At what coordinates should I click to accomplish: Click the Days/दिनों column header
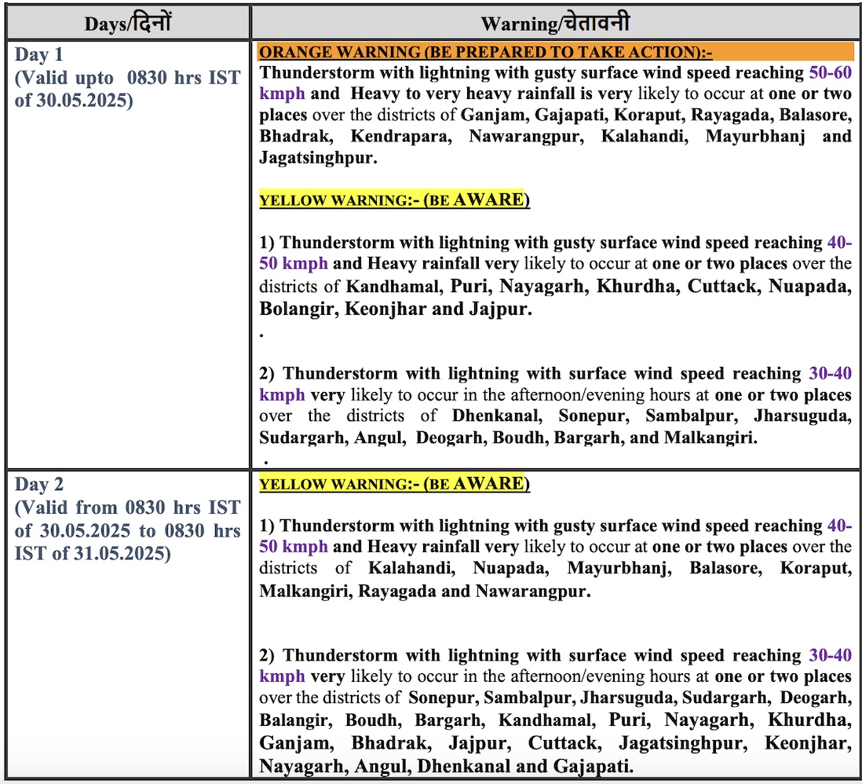(x=127, y=23)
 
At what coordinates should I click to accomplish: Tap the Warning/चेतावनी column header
(x=555, y=23)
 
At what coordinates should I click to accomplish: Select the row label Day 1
(x=39, y=56)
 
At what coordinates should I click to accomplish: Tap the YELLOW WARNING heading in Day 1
(x=394, y=200)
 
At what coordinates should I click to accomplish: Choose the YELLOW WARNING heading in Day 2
(x=394, y=483)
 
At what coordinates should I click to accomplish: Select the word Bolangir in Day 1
(x=298, y=309)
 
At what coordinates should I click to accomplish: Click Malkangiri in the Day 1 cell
(x=710, y=438)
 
